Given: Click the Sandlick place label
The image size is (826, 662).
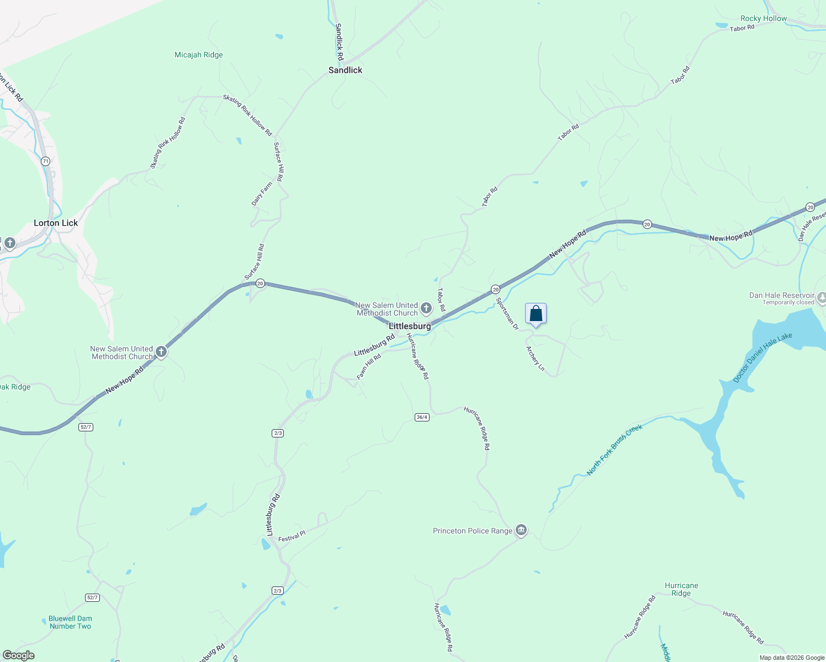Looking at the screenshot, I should [345, 70].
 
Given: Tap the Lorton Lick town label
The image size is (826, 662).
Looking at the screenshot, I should [56, 223].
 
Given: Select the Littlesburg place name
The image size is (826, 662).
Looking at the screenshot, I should [410, 326].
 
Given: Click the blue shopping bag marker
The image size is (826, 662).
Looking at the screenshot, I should [536, 314].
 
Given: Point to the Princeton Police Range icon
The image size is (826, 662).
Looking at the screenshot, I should [521, 531].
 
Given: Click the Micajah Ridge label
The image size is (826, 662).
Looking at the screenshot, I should [199, 55].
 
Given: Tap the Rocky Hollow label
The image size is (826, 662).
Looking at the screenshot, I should [764, 18].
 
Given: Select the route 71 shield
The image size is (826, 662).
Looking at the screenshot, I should [45, 161].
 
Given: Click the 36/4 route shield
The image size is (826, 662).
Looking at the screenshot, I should [422, 417].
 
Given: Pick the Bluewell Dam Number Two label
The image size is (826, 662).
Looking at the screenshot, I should [70, 622].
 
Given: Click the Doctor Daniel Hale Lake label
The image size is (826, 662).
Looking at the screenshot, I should [763, 357].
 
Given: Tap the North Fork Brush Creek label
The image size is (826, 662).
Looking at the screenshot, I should [615, 450].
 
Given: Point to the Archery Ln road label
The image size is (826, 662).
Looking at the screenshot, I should [535, 359].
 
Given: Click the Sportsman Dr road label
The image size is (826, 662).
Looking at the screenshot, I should [507, 313].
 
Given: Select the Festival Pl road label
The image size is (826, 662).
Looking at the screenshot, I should [292, 536].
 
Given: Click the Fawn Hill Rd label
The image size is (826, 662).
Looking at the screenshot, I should [369, 367].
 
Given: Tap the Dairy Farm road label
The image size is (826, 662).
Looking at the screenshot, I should [262, 194].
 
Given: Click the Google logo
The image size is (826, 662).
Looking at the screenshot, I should [19, 655].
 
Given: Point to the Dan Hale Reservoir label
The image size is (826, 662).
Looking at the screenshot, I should [781, 295].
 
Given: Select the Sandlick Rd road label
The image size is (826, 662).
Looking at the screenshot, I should [339, 42].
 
